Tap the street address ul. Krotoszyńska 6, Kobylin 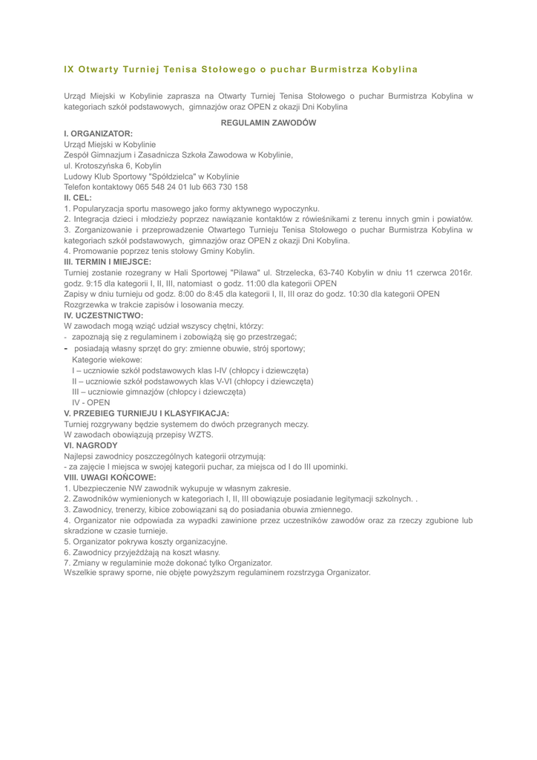(108, 165)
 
